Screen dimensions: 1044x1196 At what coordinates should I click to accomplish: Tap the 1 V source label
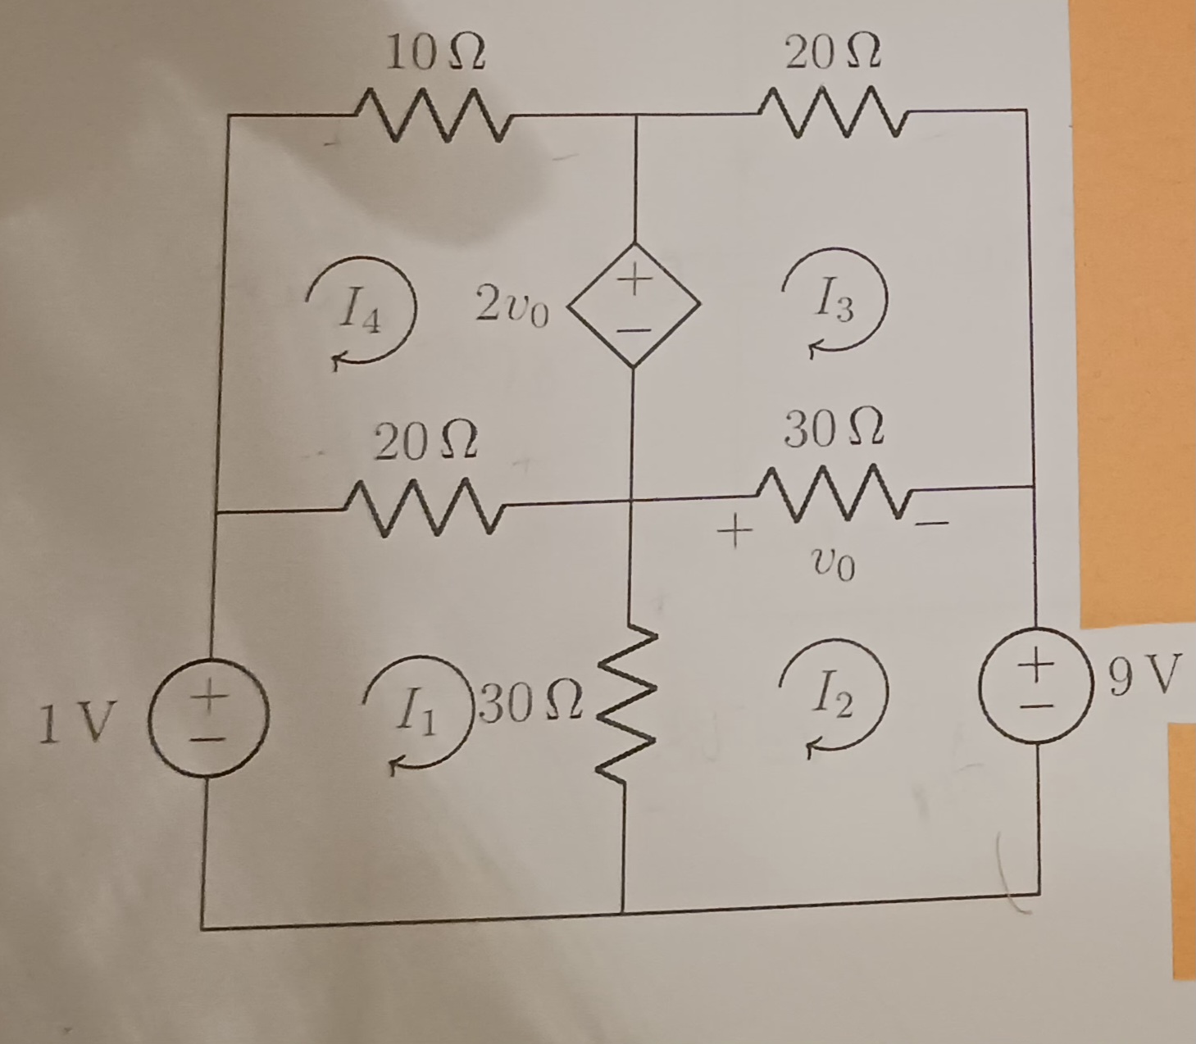(75, 724)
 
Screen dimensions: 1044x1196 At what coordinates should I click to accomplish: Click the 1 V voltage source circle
(209, 718)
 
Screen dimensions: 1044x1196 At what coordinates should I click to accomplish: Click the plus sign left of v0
(734, 532)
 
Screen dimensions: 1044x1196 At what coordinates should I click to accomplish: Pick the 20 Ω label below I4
(425, 443)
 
